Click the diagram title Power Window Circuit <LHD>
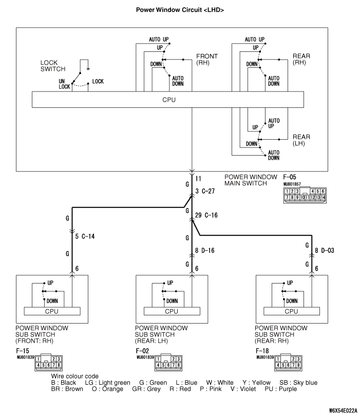[x=180, y=10]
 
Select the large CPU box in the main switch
[x=169, y=100]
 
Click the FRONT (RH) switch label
[x=207, y=59]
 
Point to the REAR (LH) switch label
[x=301, y=140]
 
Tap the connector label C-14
[x=88, y=237]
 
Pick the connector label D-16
[x=207, y=251]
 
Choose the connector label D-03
[x=327, y=251]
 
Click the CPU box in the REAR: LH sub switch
[x=172, y=311]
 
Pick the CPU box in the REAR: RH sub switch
[x=291, y=311]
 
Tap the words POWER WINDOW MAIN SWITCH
[x=251, y=180]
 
